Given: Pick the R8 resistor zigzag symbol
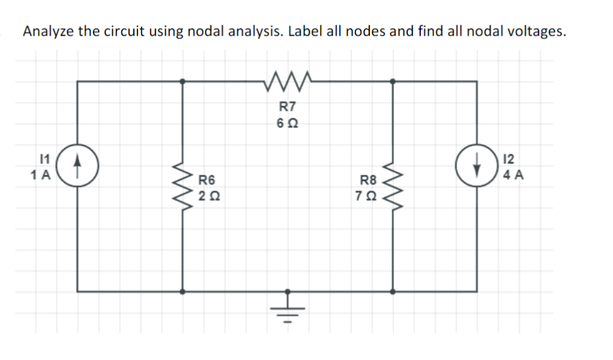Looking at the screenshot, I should coord(392,185).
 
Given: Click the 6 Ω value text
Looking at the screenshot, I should coord(287,123).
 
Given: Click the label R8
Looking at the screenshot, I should coord(368,180).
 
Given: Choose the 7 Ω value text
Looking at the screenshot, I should coord(368,195).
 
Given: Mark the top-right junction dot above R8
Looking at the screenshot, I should coord(392,82).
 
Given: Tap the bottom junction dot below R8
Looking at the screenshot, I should coord(392,289).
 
